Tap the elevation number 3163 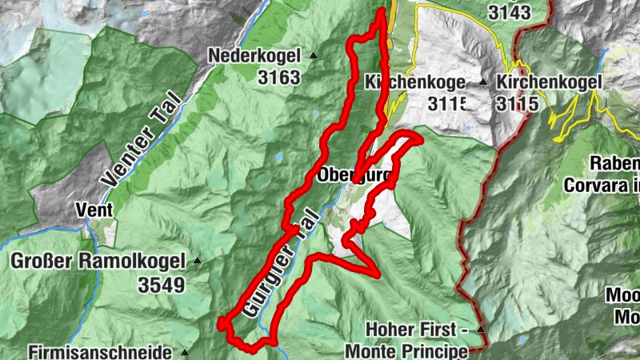coord(279,78)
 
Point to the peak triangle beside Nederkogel coord(313,56)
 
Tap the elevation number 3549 coord(161,284)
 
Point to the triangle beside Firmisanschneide coord(185,351)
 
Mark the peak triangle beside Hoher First coord(481,330)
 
